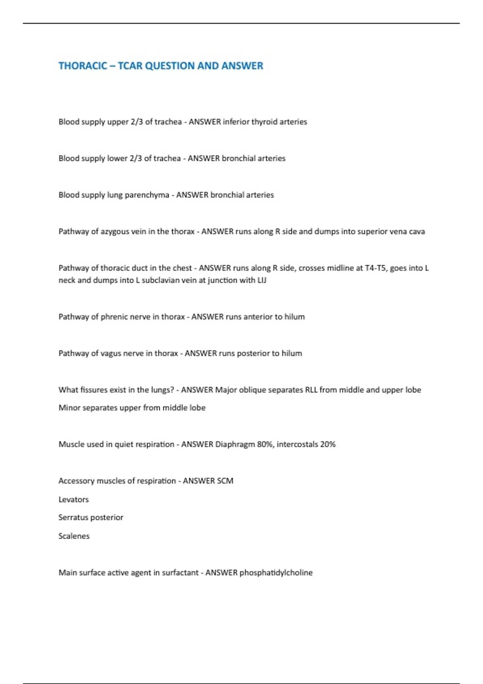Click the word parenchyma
[147, 195]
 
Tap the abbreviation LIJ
[262, 280]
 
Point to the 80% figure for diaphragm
[265, 445]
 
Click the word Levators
[74, 500]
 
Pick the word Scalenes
[74, 536]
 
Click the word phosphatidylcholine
[276, 573]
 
